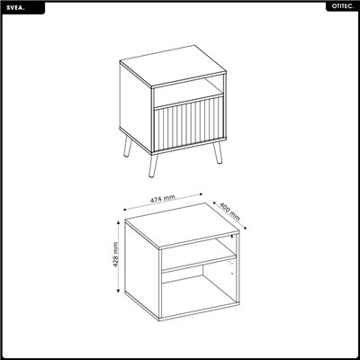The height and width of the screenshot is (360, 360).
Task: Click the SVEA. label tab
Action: [23, 8]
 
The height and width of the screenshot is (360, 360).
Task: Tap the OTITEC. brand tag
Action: [342, 7]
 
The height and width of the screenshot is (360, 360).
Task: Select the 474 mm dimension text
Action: [162, 199]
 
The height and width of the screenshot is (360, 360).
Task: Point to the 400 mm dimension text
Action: [229, 211]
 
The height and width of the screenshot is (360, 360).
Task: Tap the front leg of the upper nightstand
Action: [153, 165]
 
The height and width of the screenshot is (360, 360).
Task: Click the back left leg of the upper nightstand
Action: [128, 147]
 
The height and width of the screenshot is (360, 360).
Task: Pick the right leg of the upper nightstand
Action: [218, 152]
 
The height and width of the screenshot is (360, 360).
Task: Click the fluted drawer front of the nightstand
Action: [188, 124]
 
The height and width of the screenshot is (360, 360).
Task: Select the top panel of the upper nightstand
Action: [173, 66]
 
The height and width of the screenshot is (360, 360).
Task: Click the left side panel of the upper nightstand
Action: [135, 107]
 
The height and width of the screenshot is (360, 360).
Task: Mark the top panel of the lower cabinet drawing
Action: [182, 226]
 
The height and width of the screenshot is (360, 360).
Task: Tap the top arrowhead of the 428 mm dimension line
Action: [119, 221]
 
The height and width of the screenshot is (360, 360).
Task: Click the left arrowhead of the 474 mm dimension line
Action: [125, 210]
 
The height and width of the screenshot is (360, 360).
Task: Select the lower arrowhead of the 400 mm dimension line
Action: [245, 228]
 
